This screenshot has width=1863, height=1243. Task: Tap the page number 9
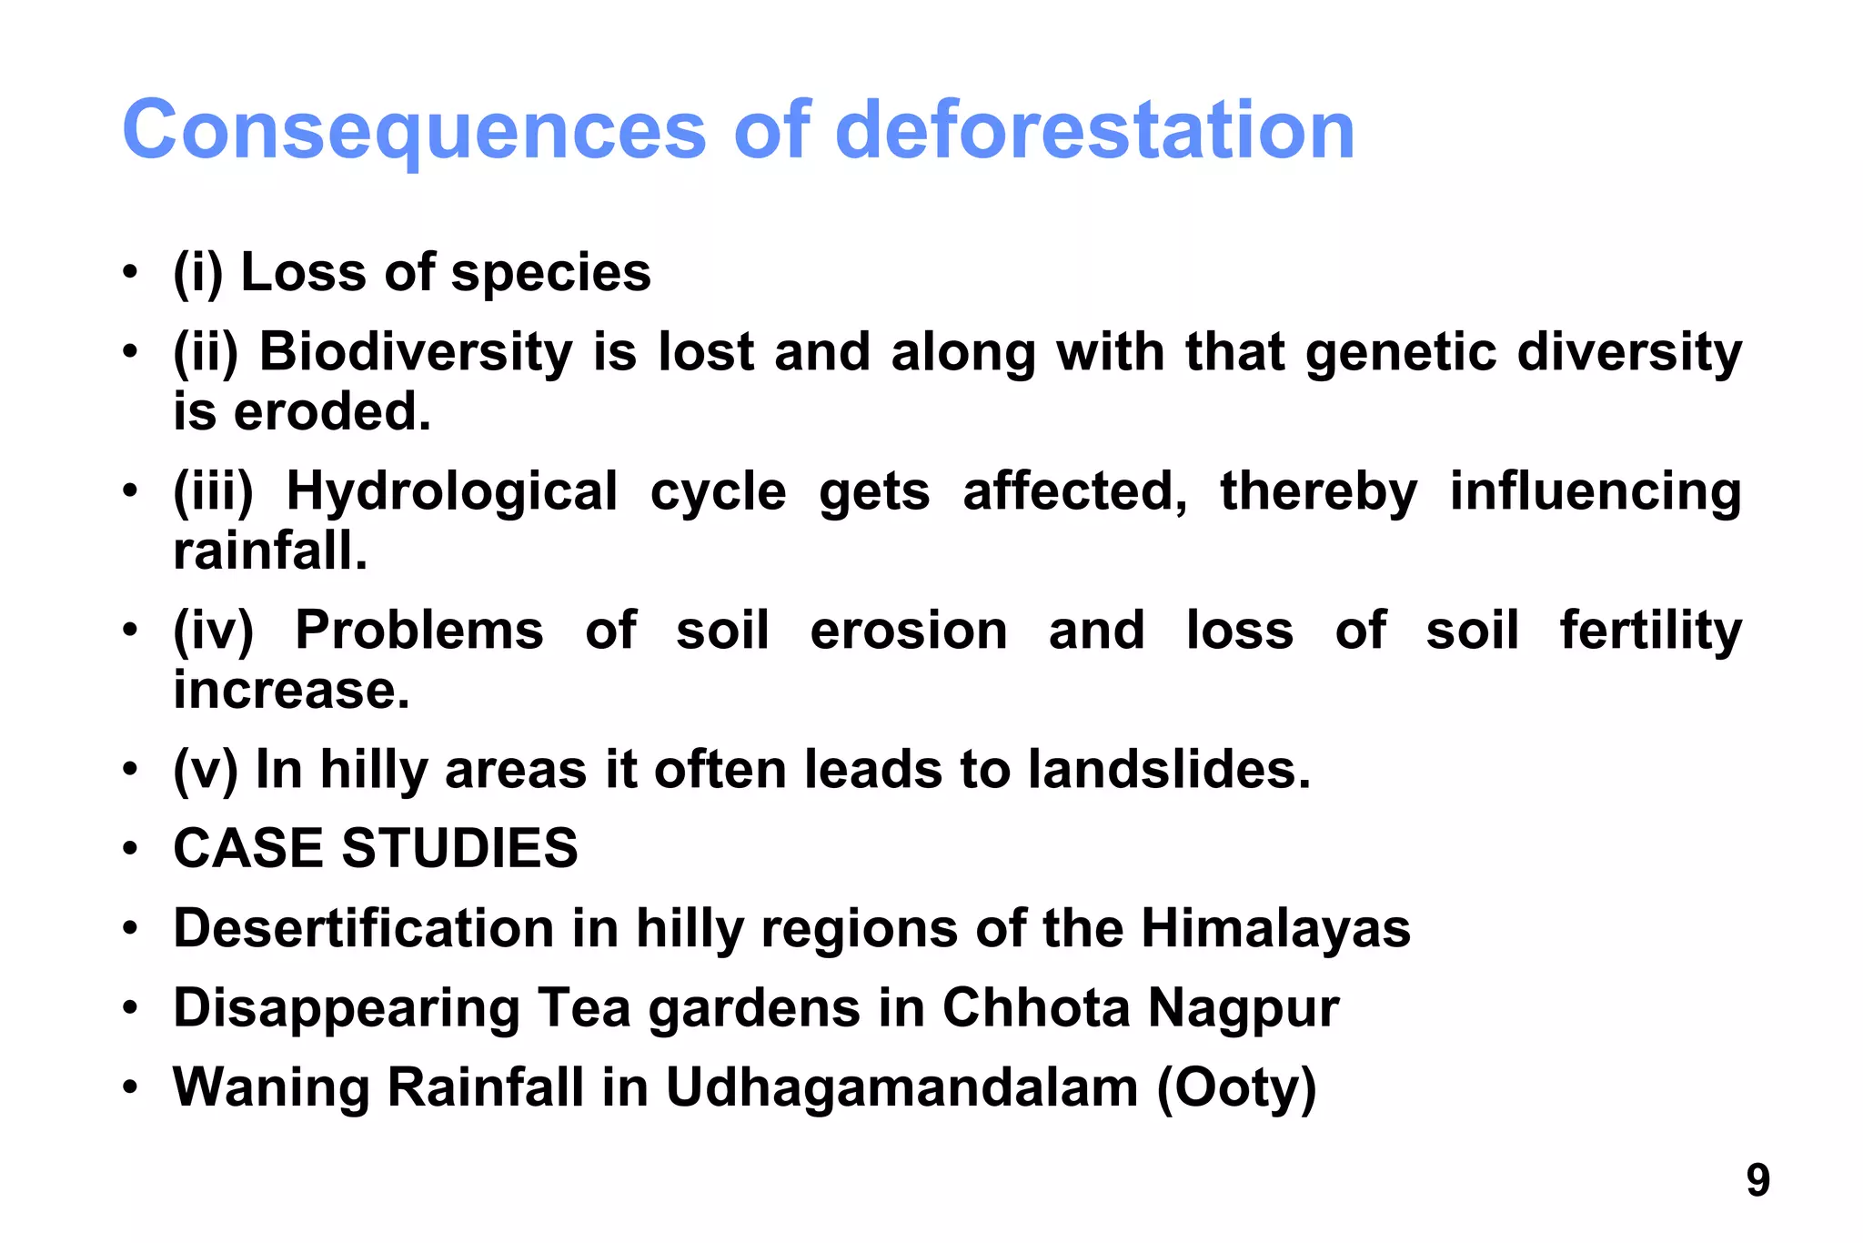coord(1757,1180)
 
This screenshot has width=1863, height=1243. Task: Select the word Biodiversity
coord(416,352)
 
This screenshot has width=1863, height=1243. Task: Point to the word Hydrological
coord(452,491)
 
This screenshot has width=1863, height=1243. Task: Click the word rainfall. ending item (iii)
coord(270,551)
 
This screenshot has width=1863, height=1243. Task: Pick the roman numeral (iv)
coord(214,631)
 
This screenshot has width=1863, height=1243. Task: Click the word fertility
coord(1650,631)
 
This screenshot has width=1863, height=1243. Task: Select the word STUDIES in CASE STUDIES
coord(459,848)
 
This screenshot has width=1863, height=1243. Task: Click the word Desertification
coord(364,928)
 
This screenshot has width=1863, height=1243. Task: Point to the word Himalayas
coord(1275,928)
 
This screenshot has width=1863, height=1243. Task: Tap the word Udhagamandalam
coord(901,1087)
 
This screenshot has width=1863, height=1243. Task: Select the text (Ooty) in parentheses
coord(1236,1087)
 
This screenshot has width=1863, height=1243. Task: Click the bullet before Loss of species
coord(131,272)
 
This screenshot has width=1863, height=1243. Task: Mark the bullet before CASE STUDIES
coord(131,849)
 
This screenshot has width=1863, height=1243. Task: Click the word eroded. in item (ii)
coord(332,412)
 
